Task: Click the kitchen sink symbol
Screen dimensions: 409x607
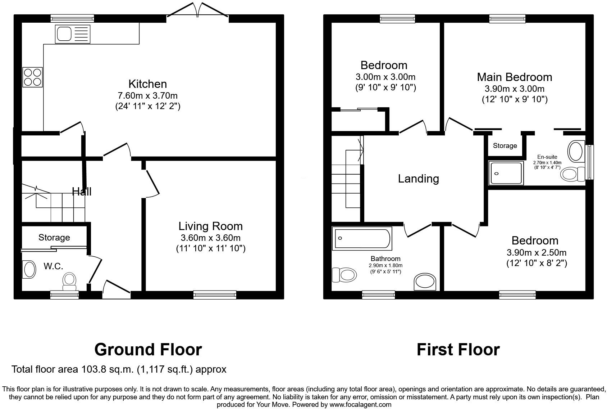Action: click(x=73, y=34)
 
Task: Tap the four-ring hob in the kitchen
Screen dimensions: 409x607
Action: click(x=33, y=77)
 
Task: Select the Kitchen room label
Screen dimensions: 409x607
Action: click(x=147, y=84)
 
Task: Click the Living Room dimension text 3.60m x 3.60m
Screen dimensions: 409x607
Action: click(x=210, y=238)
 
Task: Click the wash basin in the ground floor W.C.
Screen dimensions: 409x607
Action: click(x=29, y=269)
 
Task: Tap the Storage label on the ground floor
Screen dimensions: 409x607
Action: click(x=54, y=238)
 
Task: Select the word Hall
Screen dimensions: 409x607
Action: click(x=82, y=192)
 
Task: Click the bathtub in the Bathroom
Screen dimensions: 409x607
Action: click(x=362, y=238)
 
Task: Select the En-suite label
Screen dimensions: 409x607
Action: click(x=547, y=157)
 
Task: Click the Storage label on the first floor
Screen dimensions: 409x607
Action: click(x=505, y=146)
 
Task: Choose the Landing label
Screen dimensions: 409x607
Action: click(x=418, y=179)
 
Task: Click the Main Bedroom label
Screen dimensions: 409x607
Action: click(x=514, y=77)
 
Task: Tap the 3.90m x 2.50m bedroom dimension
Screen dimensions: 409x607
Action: click(x=537, y=252)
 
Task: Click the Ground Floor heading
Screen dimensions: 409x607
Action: click(x=148, y=350)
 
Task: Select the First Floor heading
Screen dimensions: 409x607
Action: click(x=458, y=350)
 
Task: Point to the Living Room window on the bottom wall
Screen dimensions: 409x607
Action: click(x=215, y=295)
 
